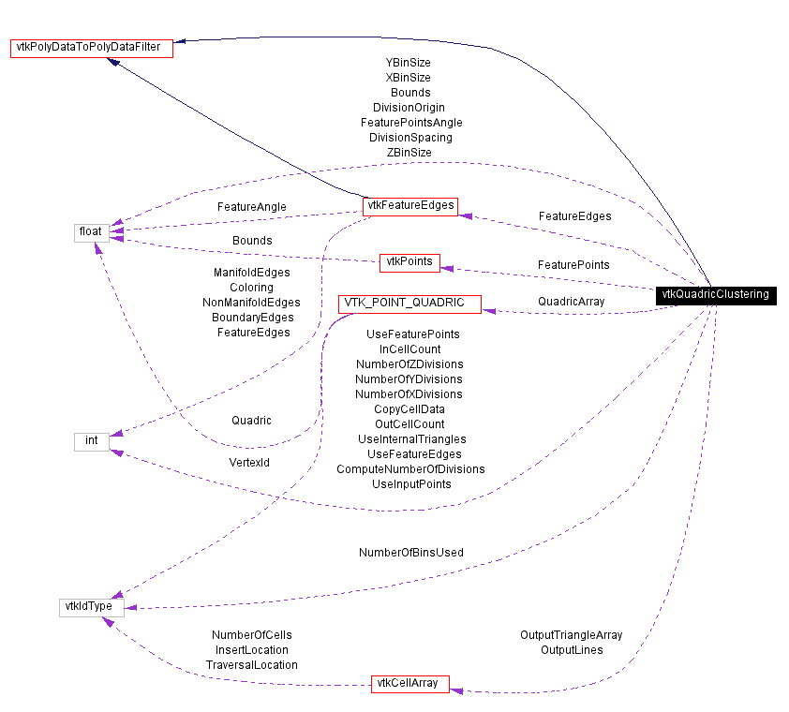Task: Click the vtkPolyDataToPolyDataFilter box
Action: tap(92, 49)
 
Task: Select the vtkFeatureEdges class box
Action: tap(409, 206)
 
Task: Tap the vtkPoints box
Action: tap(409, 262)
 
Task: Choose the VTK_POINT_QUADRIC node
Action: tap(409, 304)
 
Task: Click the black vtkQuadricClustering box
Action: tap(715, 294)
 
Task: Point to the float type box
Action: tap(91, 231)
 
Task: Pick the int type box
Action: tap(91, 441)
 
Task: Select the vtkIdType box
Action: tap(91, 606)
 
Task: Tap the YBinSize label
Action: tap(401, 63)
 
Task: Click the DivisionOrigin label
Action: tap(409, 108)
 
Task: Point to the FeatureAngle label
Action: tap(251, 207)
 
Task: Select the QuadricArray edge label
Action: tap(571, 302)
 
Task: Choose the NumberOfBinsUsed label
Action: tap(410, 553)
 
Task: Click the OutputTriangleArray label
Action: tap(571, 635)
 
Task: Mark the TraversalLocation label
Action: tap(251, 665)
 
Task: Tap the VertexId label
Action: tap(249, 462)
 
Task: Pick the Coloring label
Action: tap(251, 288)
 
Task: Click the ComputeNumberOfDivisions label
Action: tap(410, 469)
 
